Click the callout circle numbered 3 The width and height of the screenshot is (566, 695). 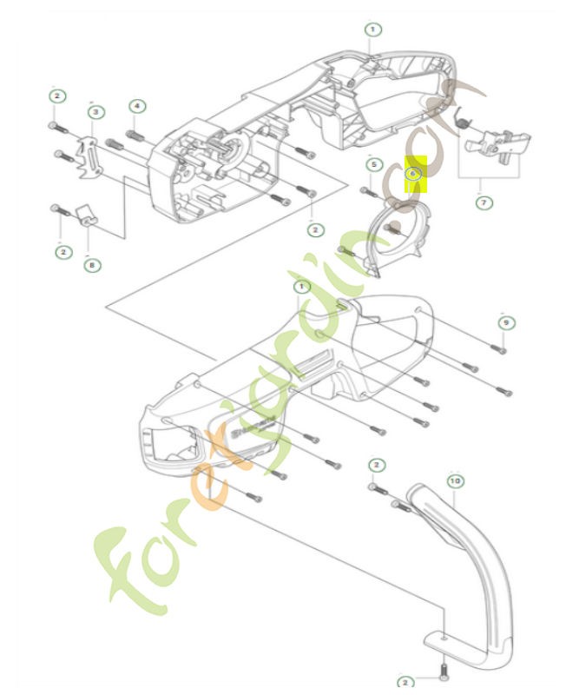[x=95, y=112]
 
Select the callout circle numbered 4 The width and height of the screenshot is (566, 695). [x=136, y=106]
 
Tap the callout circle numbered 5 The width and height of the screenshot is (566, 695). [x=373, y=164]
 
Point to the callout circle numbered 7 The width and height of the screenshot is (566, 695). [x=484, y=202]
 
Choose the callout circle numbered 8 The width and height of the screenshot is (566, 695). [x=92, y=265]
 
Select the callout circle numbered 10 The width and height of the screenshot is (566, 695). [x=454, y=480]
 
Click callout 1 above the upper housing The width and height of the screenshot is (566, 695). [x=372, y=29]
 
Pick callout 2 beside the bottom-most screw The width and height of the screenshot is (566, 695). [x=405, y=683]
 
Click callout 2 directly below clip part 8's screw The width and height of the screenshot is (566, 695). [x=62, y=252]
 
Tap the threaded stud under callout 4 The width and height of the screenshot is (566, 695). [x=135, y=136]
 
